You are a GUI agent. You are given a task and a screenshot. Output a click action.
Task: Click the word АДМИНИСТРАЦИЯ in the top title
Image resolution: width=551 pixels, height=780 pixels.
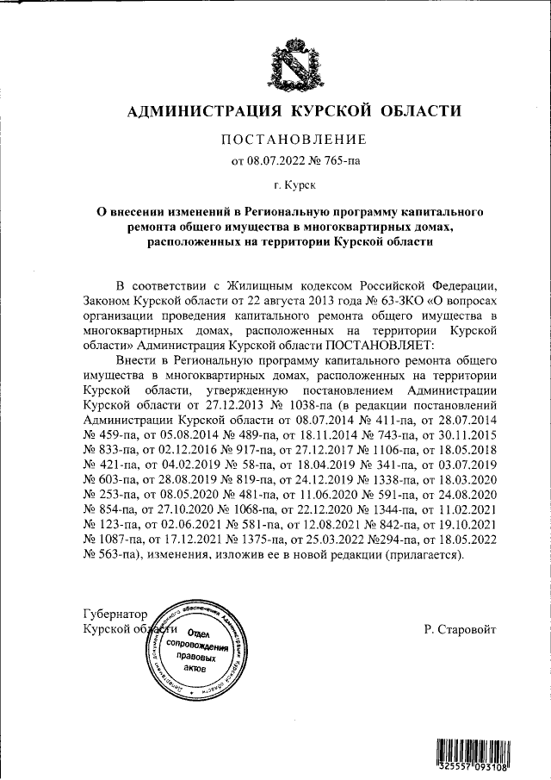(205, 111)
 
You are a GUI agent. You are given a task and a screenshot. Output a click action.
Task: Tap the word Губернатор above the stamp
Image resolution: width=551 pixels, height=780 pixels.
(115, 615)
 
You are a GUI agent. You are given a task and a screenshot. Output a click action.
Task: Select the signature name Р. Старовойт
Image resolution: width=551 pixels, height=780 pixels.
(460, 630)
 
